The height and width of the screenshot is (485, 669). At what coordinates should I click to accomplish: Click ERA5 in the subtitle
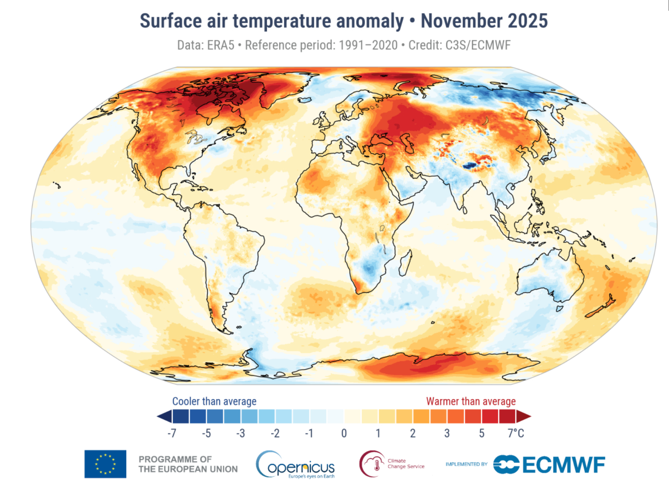[221, 45]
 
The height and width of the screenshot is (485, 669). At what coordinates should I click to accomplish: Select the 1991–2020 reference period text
[368, 45]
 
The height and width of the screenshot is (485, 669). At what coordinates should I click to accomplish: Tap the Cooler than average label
[214, 401]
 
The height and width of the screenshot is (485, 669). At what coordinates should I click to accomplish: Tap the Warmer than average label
[471, 401]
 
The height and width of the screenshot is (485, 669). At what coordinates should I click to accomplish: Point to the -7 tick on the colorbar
[171, 433]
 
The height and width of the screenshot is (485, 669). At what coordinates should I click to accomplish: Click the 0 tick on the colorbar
[344, 433]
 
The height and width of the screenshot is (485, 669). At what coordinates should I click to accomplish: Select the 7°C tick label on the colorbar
[515, 433]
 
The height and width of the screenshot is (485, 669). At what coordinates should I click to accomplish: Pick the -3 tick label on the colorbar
[240, 433]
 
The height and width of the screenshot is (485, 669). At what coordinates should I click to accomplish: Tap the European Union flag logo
[105, 464]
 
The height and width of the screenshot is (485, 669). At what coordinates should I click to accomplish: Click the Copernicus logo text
[301, 468]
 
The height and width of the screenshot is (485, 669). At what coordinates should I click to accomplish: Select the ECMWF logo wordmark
[563, 465]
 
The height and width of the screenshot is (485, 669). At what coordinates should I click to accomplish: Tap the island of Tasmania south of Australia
[559, 308]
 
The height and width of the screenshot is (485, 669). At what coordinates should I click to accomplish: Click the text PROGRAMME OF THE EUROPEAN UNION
[188, 464]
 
